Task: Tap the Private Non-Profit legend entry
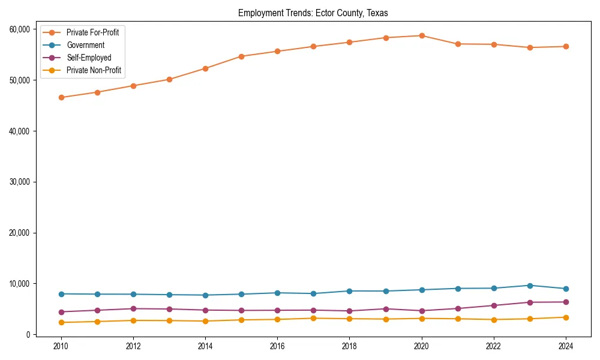tap(94, 70)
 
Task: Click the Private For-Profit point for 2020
tap(422, 35)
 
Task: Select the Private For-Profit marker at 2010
tap(61, 97)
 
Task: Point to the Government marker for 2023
tap(530, 286)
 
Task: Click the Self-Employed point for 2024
tap(566, 302)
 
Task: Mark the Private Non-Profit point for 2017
tap(313, 318)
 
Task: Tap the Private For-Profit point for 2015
tap(241, 56)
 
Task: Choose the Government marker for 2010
tap(61, 294)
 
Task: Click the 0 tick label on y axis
tap(28, 335)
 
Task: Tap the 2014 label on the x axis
tap(205, 346)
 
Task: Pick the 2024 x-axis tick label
tap(566, 346)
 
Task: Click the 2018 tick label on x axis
tap(349, 346)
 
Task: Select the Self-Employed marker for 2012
tap(133, 308)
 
